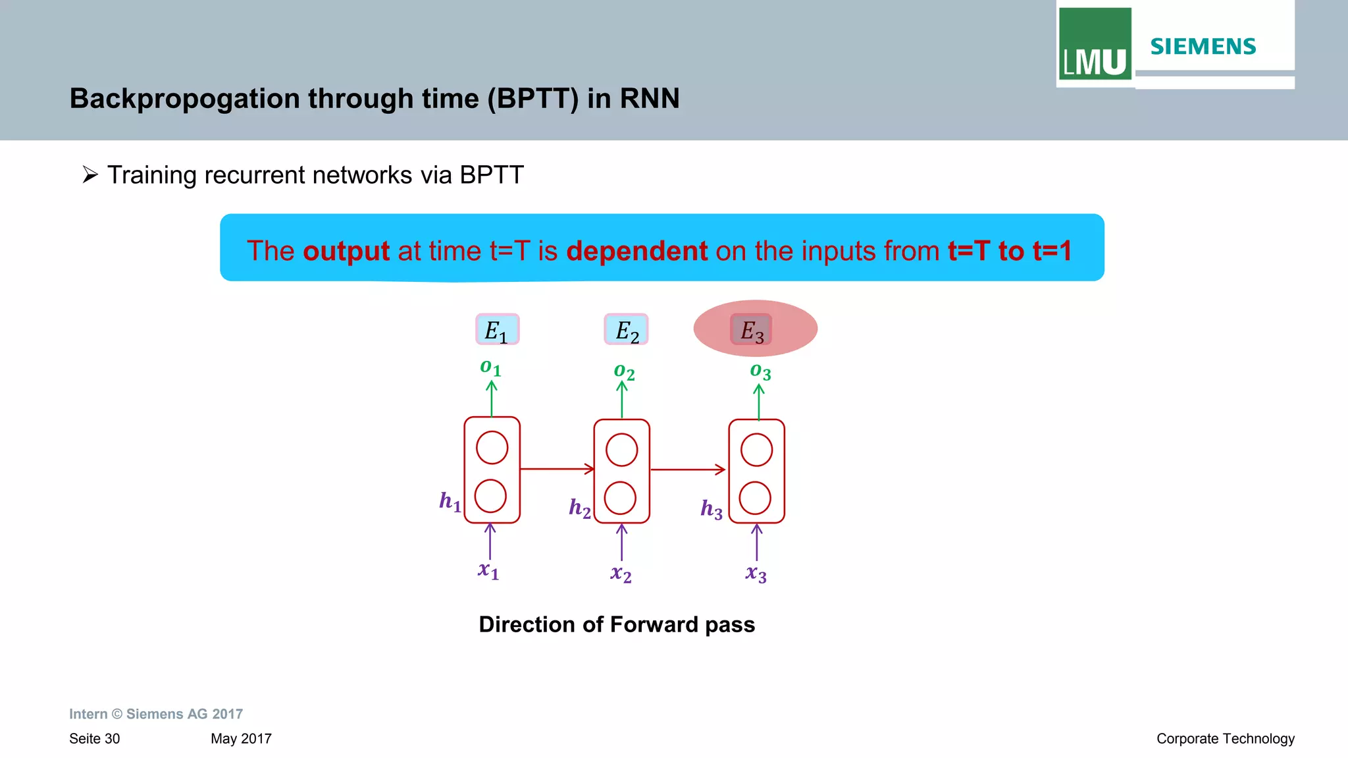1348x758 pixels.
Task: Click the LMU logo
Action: (x=1095, y=45)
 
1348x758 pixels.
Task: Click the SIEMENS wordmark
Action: (x=1203, y=47)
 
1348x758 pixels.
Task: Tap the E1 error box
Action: (x=497, y=329)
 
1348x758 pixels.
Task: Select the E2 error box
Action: (x=626, y=329)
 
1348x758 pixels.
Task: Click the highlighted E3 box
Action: (x=751, y=329)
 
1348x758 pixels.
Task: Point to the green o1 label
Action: (x=490, y=367)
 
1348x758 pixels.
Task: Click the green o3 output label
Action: (x=760, y=371)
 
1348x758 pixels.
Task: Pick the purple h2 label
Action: (x=580, y=508)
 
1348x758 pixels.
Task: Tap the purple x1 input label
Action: (x=488, y=570)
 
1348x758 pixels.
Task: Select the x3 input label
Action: (x=756, y=574)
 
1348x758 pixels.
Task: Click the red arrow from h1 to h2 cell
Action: (x=557, y=469)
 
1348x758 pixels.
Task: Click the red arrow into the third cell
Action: (x=688, y=470)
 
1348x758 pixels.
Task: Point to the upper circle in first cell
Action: (x=492, y=448)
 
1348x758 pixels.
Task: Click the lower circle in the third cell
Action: (x=755, y=498)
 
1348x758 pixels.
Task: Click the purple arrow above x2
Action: (x=622, y=542)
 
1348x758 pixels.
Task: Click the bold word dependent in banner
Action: (x=636, y=251)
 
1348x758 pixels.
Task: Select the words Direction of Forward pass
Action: (x=617, y=624)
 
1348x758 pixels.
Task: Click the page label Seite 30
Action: (x=95, y=739)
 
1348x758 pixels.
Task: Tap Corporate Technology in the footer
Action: (x=1225, y=739)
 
